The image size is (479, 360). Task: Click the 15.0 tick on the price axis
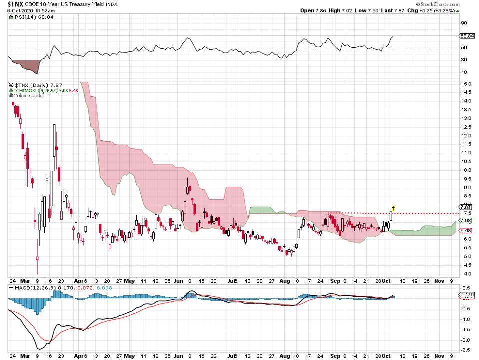click(465, 84)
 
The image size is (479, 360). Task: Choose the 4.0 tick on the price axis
click(465, 274)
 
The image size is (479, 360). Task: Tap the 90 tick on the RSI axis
click(463, 23)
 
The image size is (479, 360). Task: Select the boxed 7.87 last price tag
click(466, 207)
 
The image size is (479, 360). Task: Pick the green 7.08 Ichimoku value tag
click(466, 220)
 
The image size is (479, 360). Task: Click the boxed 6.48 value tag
click(466, 231)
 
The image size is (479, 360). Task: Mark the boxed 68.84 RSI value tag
click(466, 36)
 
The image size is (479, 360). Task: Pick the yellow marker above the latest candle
click(393, 208)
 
